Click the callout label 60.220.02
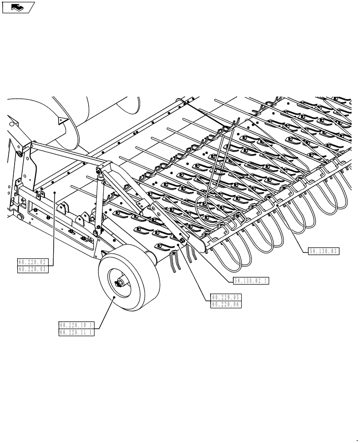pos(32,262)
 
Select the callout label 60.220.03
pos(32,268)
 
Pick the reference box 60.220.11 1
pos(76,332)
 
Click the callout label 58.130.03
pos(323,251)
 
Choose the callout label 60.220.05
pos(226,298)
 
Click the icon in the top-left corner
pos(18,7)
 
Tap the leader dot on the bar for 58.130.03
pos(277,206)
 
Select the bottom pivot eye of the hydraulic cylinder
pos(97,231)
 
